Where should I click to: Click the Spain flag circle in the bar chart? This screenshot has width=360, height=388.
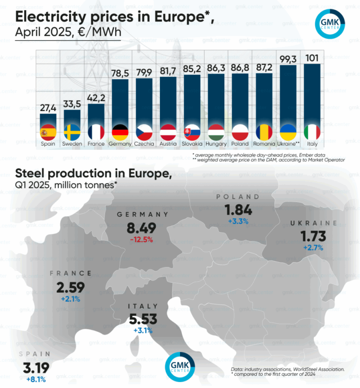point(48,132)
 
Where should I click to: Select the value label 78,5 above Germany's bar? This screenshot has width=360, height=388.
point(120,74)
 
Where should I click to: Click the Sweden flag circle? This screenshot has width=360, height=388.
point(72,132)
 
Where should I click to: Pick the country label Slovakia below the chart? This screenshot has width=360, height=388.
point(192,144)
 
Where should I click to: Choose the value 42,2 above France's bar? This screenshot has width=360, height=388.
point(97,98)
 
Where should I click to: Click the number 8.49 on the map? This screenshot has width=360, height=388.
point(142,228)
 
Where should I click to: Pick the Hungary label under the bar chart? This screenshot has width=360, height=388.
point(216,144)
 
